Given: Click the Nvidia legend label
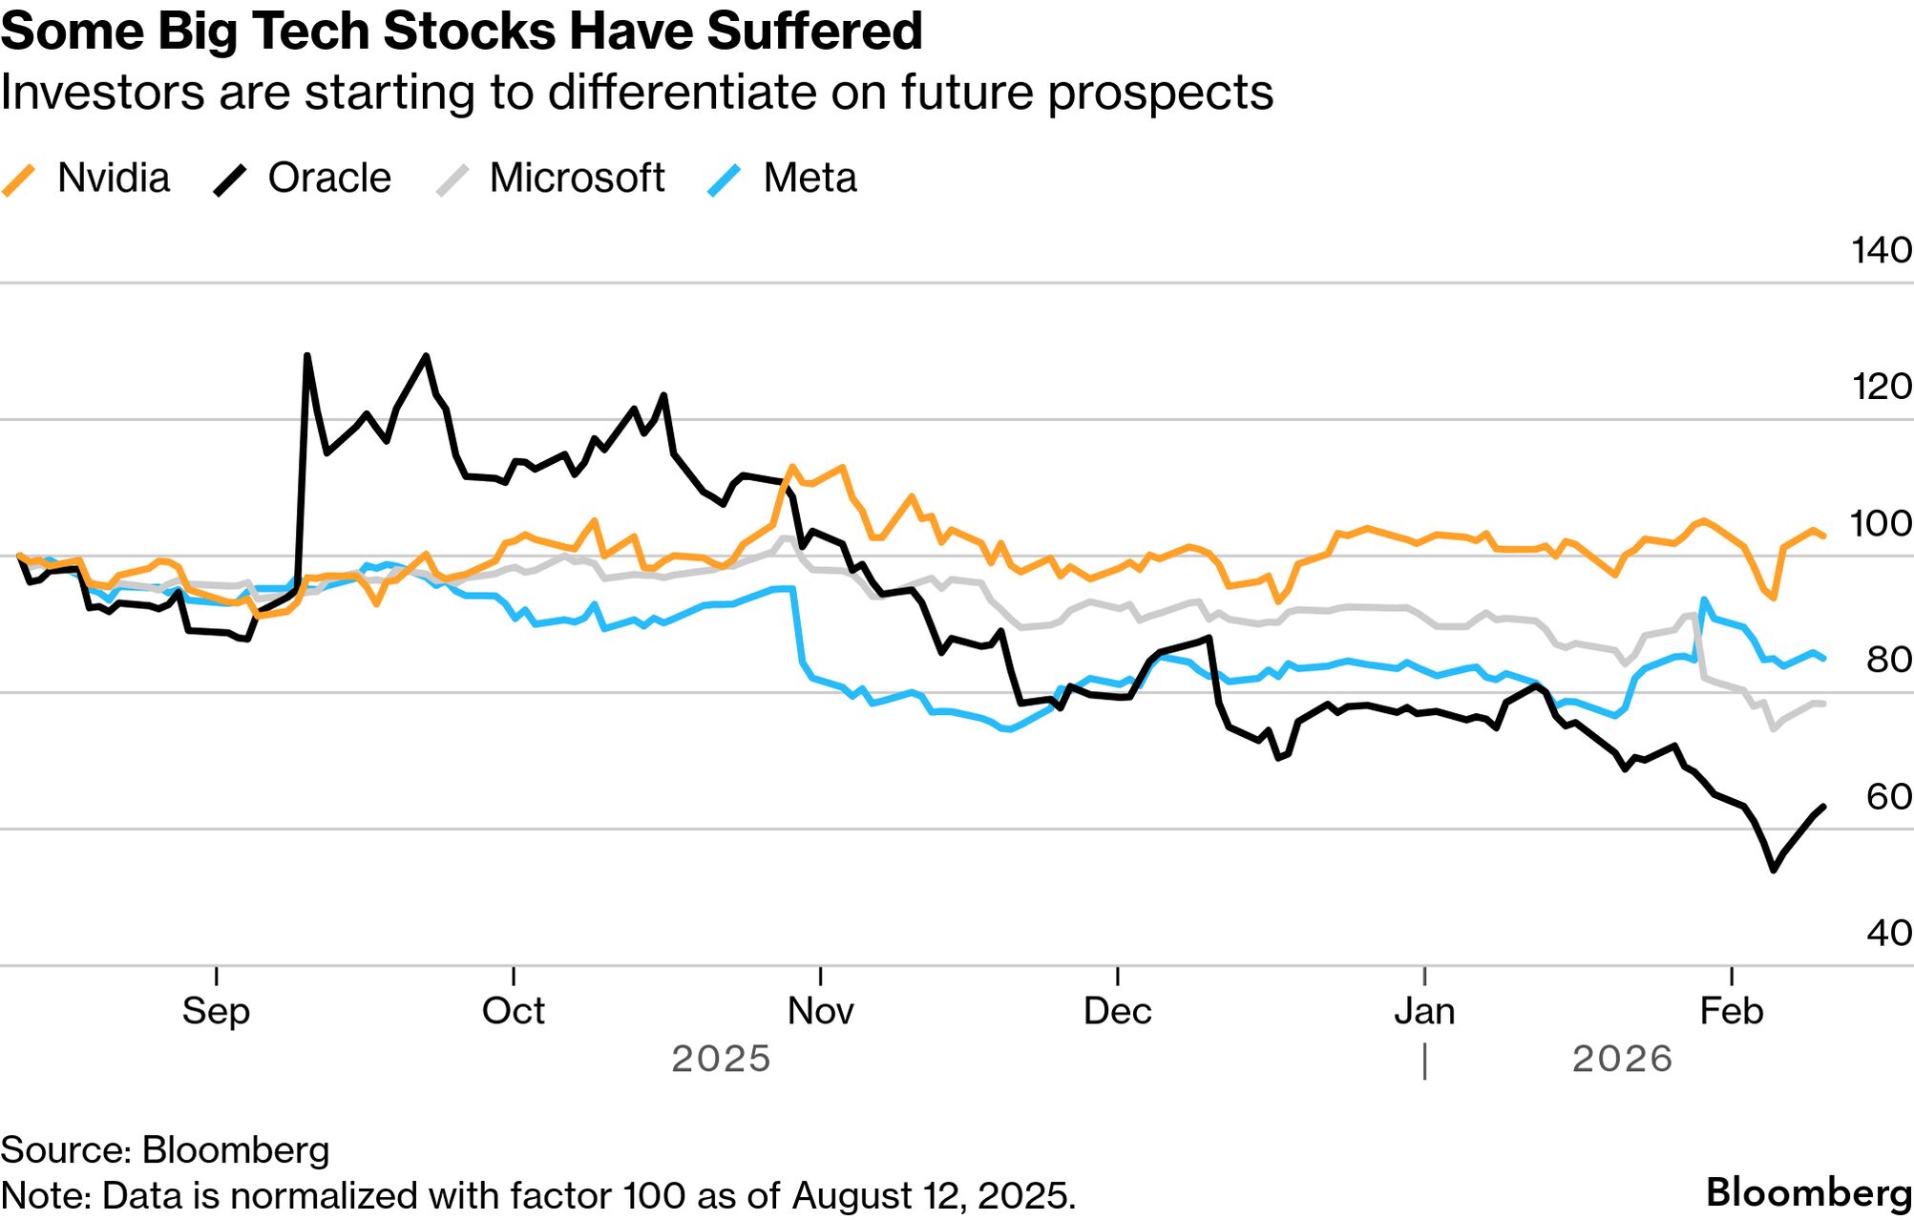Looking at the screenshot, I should (113, 178).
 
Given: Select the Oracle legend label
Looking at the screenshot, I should (329, 178).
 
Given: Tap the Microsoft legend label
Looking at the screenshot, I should (577, 178).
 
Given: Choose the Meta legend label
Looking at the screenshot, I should (810, 178).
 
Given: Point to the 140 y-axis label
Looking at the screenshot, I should (1881, 250).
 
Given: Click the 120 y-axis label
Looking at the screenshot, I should (1881, 387).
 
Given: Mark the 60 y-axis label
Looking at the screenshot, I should (1888, 796).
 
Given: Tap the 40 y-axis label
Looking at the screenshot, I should (1888, 933).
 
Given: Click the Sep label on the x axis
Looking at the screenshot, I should (216, 1010).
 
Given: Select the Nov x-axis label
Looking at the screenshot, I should (820, 1010).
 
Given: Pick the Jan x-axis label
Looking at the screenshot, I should (1424, 1010).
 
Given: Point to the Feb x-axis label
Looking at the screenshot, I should (1731, 1010).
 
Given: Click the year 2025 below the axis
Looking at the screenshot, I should (721, 1059).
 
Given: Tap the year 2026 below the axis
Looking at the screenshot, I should (1622, 1059).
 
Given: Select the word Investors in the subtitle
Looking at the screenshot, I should (103, 93).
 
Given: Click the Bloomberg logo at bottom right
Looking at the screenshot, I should (1809, 1192).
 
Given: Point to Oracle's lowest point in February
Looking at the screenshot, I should (1773, 870).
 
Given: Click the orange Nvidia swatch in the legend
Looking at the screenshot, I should (19, 179).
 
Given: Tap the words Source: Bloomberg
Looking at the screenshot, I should (164, 1149).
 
